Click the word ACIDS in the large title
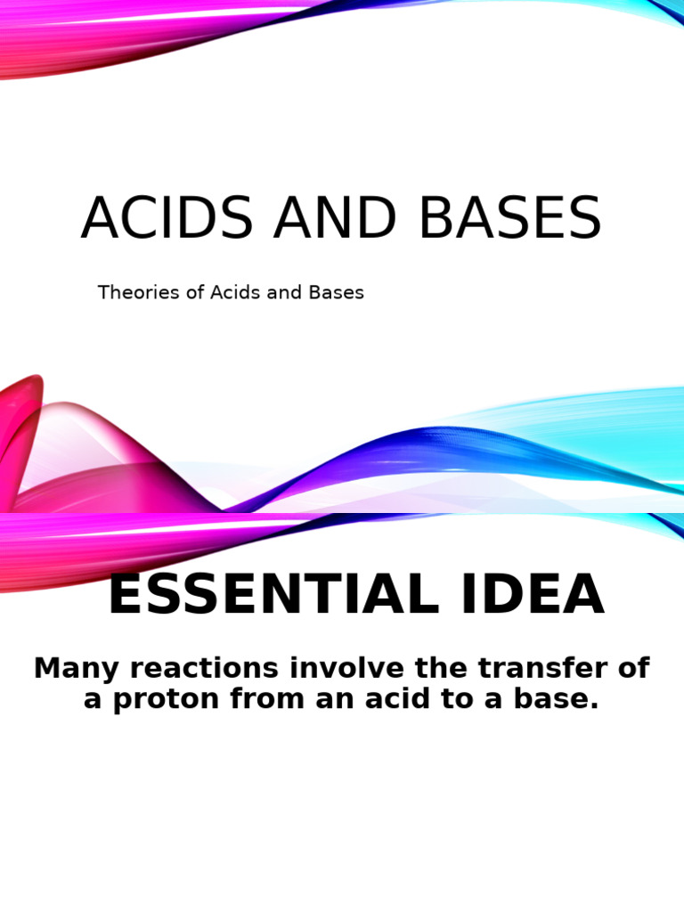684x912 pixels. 169,219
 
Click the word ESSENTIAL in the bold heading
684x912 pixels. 273,597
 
